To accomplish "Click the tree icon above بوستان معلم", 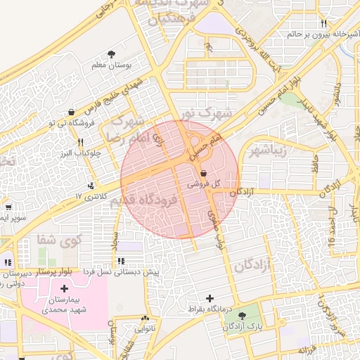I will [x=111, y=54].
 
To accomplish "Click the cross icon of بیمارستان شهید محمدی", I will [x=65, y=288].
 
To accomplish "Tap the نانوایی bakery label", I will [x=146, y=328].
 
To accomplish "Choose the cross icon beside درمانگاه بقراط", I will [x=209, y=299].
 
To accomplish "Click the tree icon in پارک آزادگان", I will [x=243, y=316].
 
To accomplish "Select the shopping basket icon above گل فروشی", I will [x=203, y=172].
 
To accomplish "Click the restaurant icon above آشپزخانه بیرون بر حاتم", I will [x=323, y=24].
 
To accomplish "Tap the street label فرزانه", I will [x=309, y=349].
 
